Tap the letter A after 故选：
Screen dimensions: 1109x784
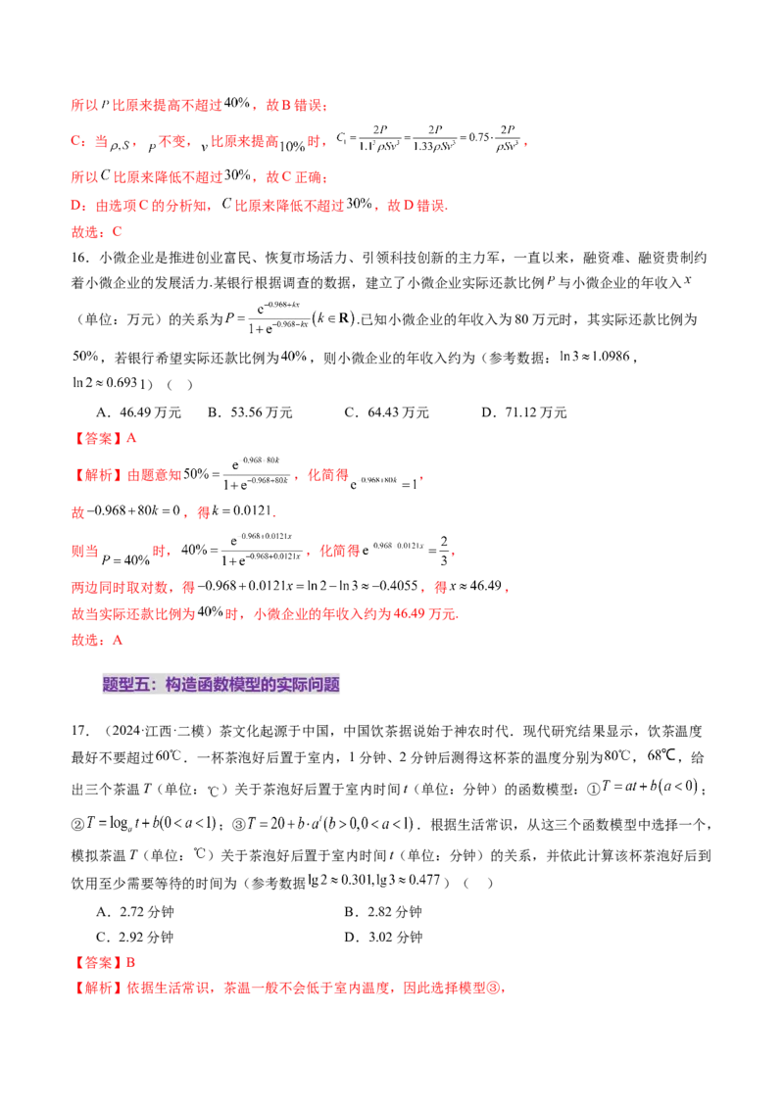click(119, 639)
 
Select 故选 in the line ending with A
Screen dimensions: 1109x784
click(85, 639)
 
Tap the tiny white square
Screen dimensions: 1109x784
click(451, 537)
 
